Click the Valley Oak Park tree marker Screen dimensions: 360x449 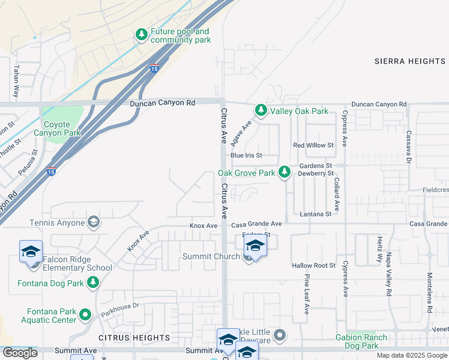click(x=261, y=110)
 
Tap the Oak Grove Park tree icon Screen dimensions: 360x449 click(x=285, y=173)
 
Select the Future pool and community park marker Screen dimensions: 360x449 click(x=142, y=35)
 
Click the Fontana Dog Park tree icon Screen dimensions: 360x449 click(x=93, y=283)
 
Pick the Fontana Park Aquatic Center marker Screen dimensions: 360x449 click(x=85, y=314)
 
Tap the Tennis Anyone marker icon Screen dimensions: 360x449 click(x=93, y=223)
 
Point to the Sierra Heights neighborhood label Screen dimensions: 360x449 click(x=410, y=61)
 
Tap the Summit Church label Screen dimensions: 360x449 click(x=211, y=257)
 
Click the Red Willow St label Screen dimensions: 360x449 click(x=313, y=145)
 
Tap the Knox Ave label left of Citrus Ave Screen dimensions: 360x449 click(x=203, y=226)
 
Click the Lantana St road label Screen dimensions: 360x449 click(x=316, y=214)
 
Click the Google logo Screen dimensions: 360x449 click(x=20, y=353)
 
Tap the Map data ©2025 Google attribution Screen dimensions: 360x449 click(x=412, y=355)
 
